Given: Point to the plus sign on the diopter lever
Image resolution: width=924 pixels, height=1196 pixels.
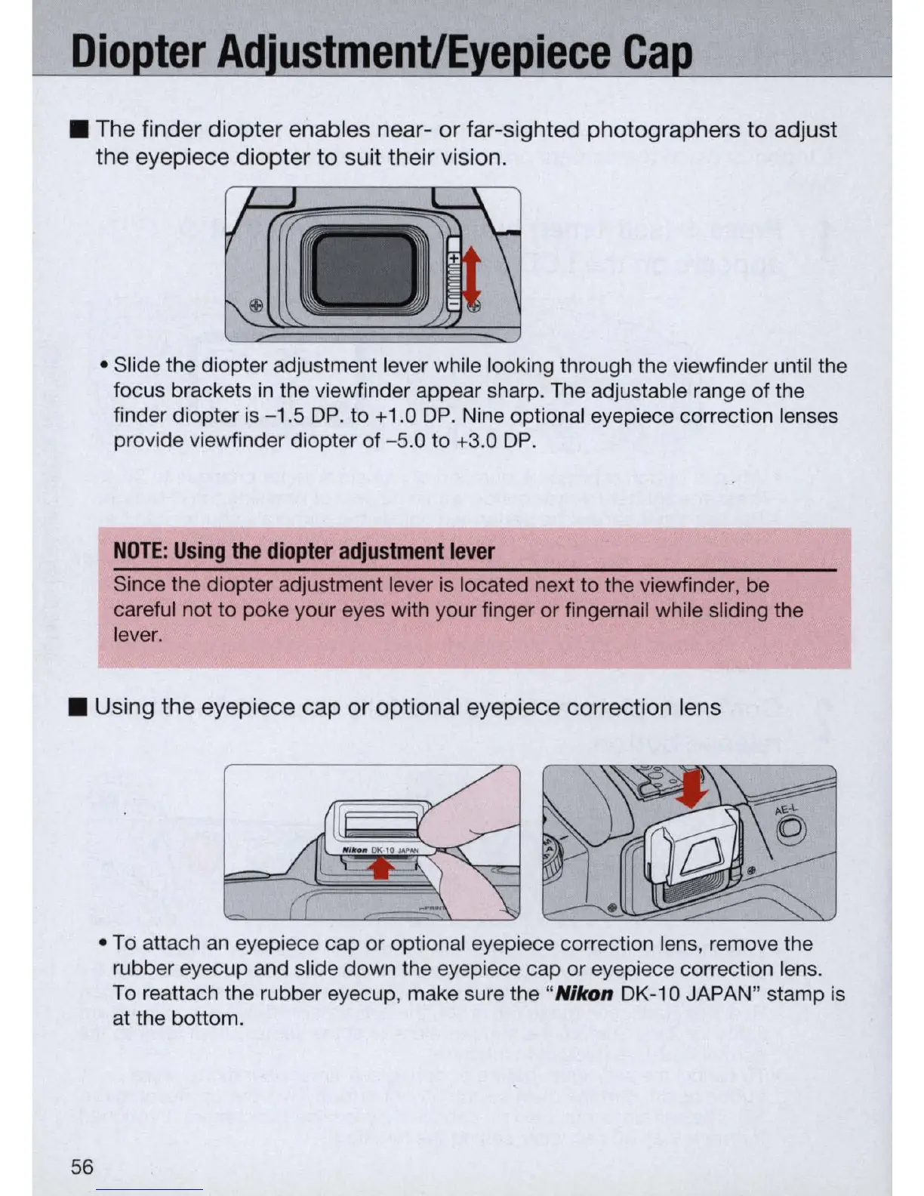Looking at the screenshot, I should point(454,258).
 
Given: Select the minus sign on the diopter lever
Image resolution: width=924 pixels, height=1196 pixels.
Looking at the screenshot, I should point(454,303).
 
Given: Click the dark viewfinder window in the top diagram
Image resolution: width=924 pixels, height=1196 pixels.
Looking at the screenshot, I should point(363,269).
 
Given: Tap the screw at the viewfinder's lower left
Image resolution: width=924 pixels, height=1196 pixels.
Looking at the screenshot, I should point(255,305).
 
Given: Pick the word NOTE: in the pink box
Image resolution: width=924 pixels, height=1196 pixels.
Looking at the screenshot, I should point(140,551).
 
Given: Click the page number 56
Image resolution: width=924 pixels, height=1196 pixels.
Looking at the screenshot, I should point(82,1167).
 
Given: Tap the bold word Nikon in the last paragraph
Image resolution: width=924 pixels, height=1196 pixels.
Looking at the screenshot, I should point(584,994).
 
